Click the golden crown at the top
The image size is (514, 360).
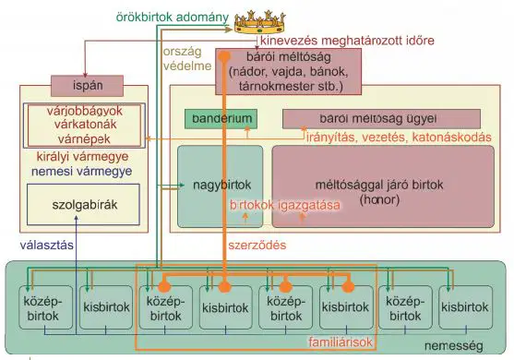coord(259,22)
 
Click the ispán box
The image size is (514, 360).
coord(87,86)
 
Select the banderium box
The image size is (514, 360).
coord(221,119)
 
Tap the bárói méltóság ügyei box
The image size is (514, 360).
coord(381,119)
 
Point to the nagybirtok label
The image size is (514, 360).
coord(221,185)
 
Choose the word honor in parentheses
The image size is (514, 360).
coord(379,199)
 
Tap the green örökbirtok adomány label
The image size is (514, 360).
coord(173,17)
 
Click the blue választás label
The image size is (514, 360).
coord(46,245)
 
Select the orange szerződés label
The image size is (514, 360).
coord(257,245)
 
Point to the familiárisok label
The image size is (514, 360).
coord(341,342)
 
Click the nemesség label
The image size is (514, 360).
coord(454,345)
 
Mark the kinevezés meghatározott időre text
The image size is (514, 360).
coord(347,41)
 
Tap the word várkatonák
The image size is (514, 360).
coord(85,125)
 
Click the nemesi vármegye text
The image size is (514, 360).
coord(81,171)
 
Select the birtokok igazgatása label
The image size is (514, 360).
coord(285,205)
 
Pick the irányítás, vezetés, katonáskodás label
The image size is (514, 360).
coord(399,137)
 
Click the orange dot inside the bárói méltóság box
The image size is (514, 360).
coord(224,56)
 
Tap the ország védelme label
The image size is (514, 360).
coord(187,59)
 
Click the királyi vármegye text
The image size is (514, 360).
coord(82,157)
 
